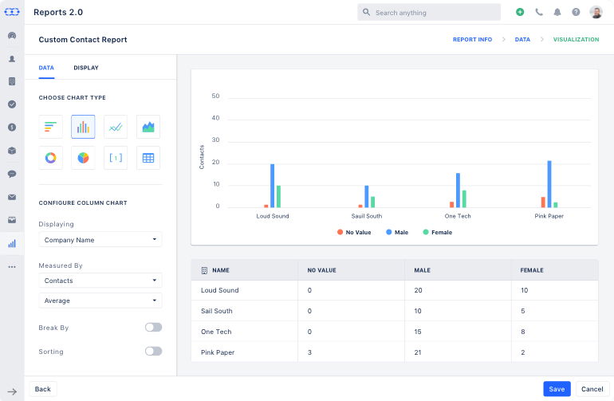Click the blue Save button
(557, 389)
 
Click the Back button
(43, 389)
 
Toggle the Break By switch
(153, 328)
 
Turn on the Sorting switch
(153, 352)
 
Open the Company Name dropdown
(100, 240)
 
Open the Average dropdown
(100, 301)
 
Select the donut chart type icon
(51, 158)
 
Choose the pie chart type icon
(83, 158)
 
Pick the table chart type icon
(148, 158)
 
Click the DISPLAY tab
(86, 68)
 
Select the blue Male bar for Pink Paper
(549, 184)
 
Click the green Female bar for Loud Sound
(278, 196)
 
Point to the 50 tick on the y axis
(215, 96)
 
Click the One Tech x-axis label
(459, 216)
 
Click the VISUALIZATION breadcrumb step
(576, 39)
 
